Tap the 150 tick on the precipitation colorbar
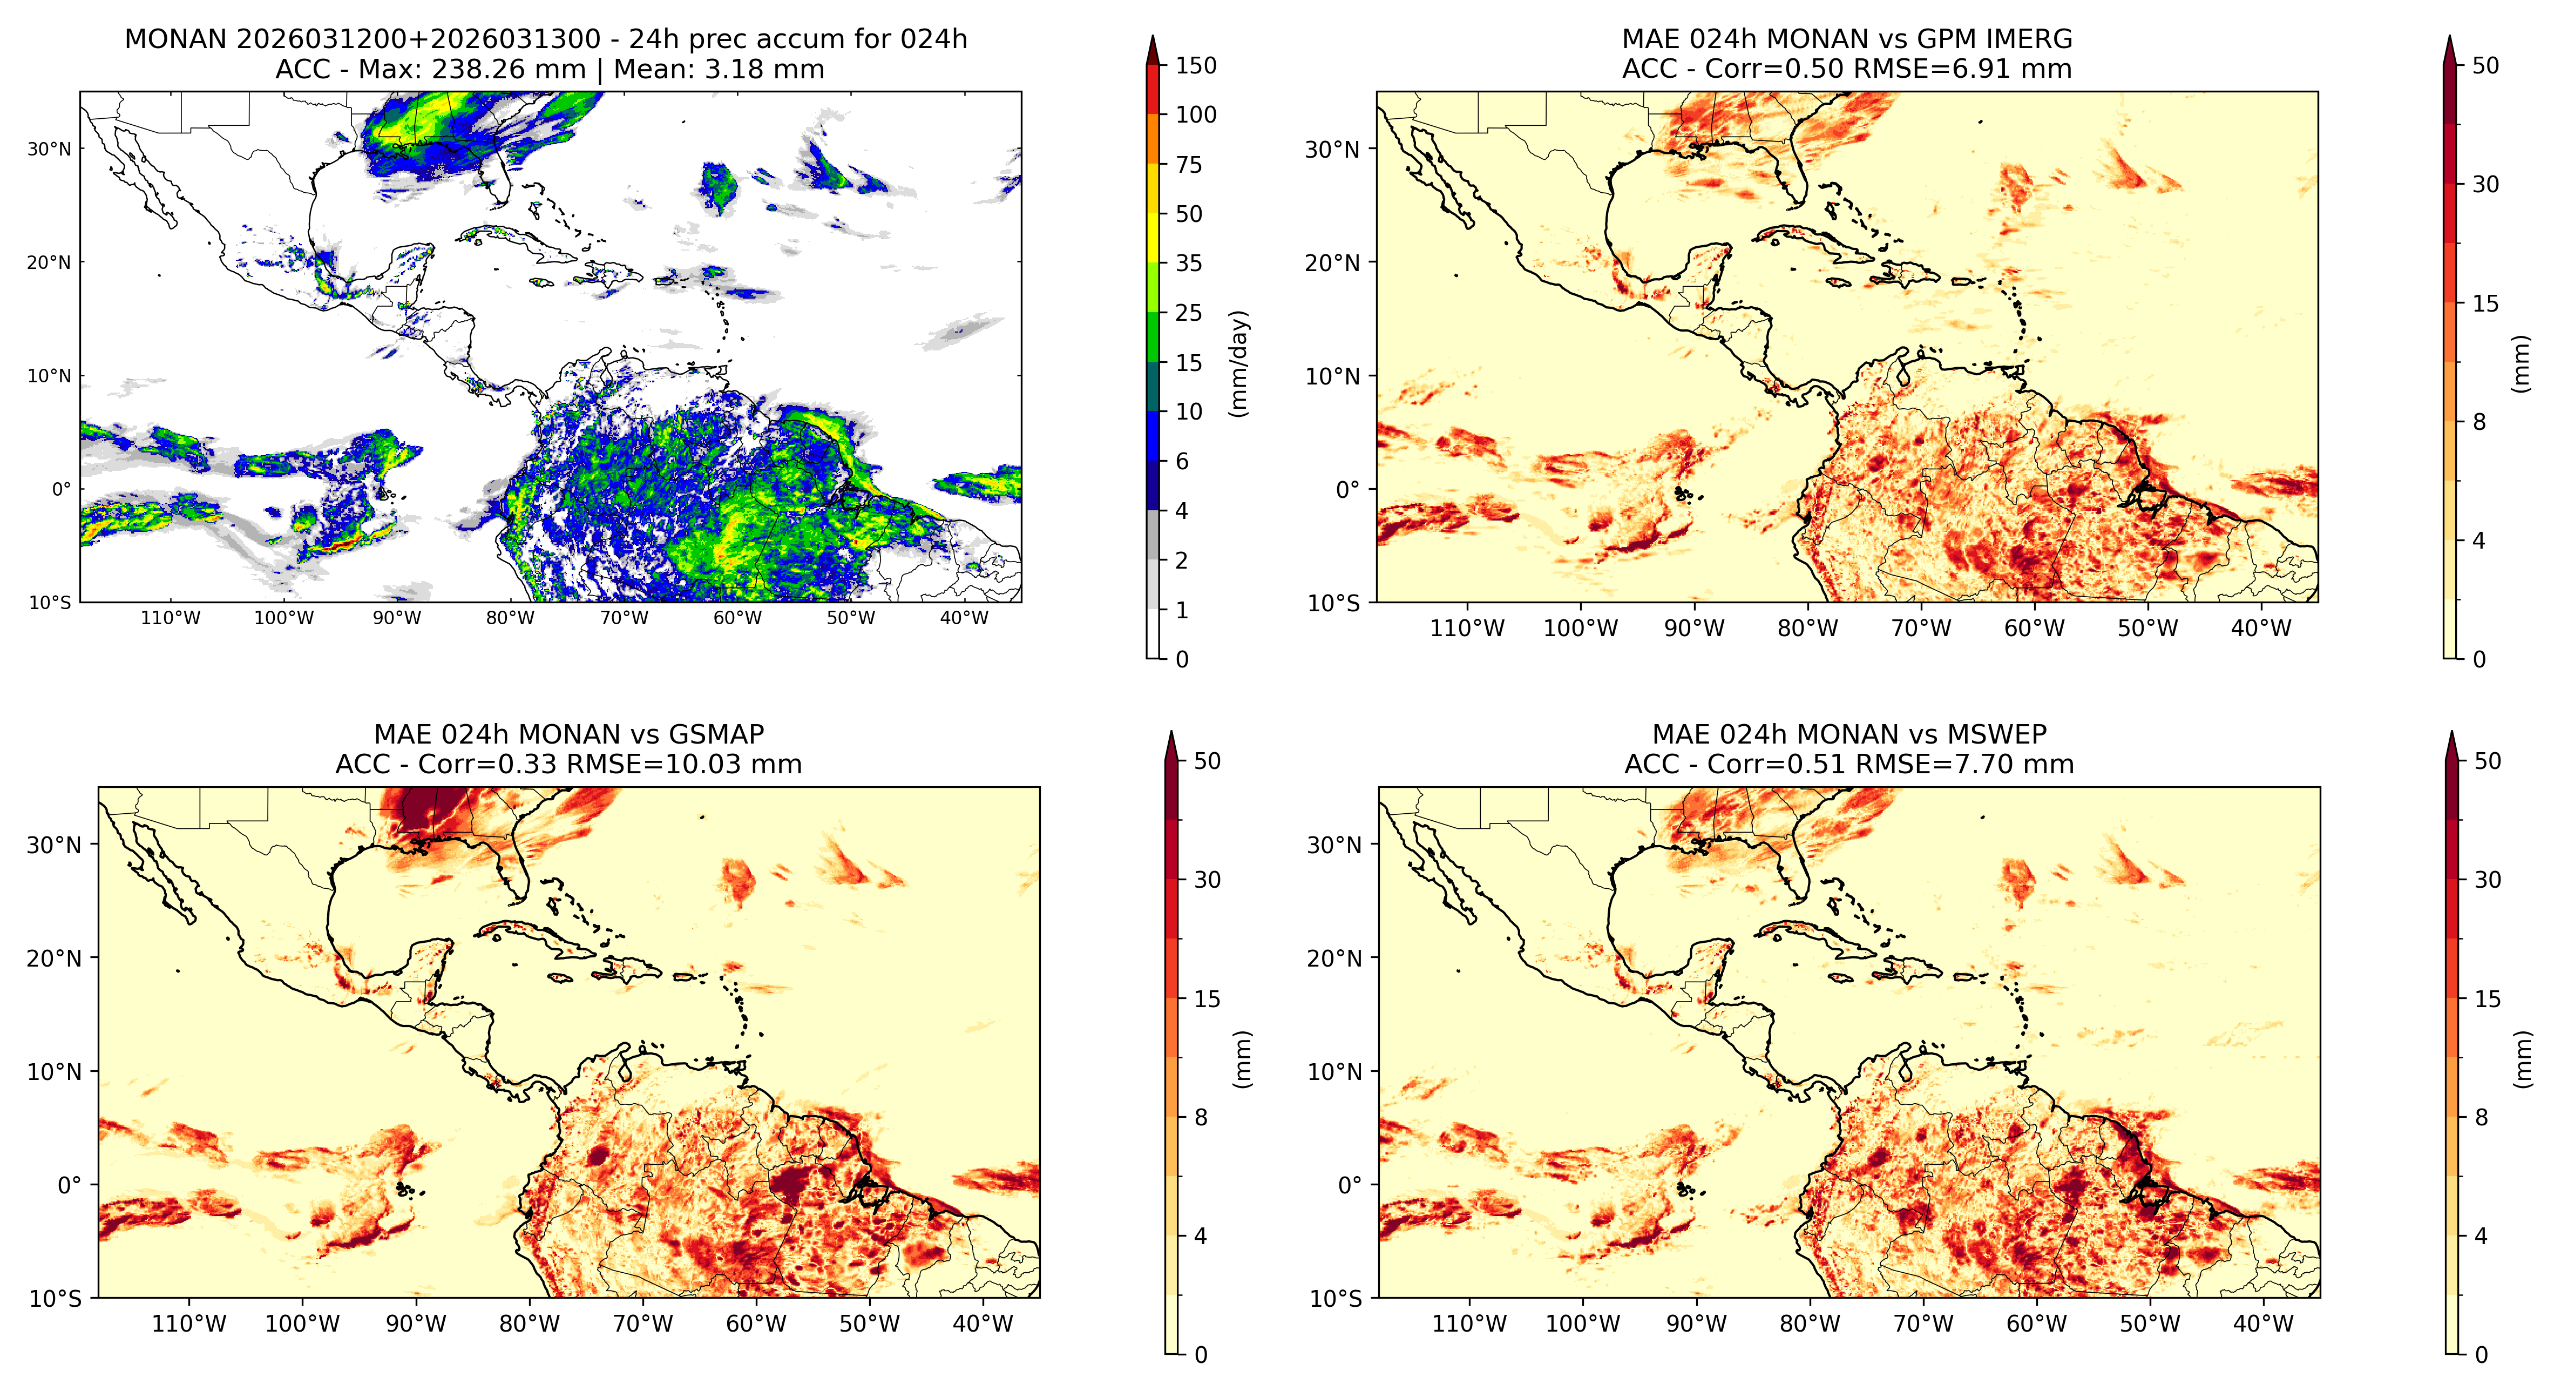point(1196,66)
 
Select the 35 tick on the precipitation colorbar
point(1189,264)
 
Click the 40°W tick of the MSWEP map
point(2264,1325)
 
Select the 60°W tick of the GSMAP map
point(756,1325)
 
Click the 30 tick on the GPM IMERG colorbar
point(2485,185)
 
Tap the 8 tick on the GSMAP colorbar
point(1201,1118)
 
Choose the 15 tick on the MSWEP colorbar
point(2487,1000)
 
